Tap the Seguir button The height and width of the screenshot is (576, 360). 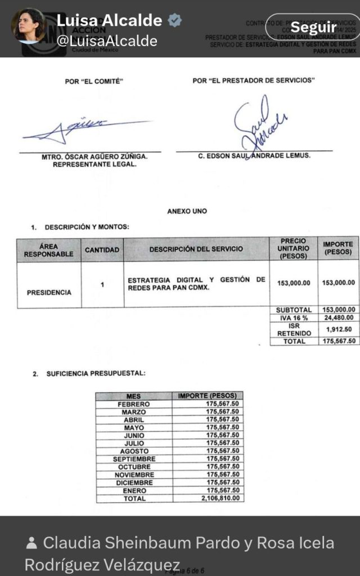click(x=313, y=27)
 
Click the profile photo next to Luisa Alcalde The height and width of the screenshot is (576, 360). click(x=28, y=25)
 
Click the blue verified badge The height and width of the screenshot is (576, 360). click(x=175, y=21)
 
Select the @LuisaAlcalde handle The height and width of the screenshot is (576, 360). click(x=107, y=41)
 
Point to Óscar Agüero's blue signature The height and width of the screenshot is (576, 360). click(x=84, y=129)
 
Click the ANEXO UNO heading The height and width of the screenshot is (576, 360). click(x=187, y=211)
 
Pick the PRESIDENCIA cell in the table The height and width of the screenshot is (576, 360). click(x=49, y=292)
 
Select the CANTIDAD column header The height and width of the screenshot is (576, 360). click(x=102, y=249)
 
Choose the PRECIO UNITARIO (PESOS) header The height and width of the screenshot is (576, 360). click(x=293, y=249)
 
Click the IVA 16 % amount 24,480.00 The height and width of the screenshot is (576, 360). click(x=338, y=317)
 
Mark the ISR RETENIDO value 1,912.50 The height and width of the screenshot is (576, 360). click(x=338, y=329)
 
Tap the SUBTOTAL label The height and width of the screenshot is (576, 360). click(x=294, y=310)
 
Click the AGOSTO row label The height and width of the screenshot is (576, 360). click(x=134, y=451)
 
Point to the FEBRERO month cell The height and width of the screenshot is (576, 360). click(x=134, y=404)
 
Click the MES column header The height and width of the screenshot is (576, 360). click(x=134, y=396)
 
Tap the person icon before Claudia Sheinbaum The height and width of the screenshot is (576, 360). click(x=32, y=543)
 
